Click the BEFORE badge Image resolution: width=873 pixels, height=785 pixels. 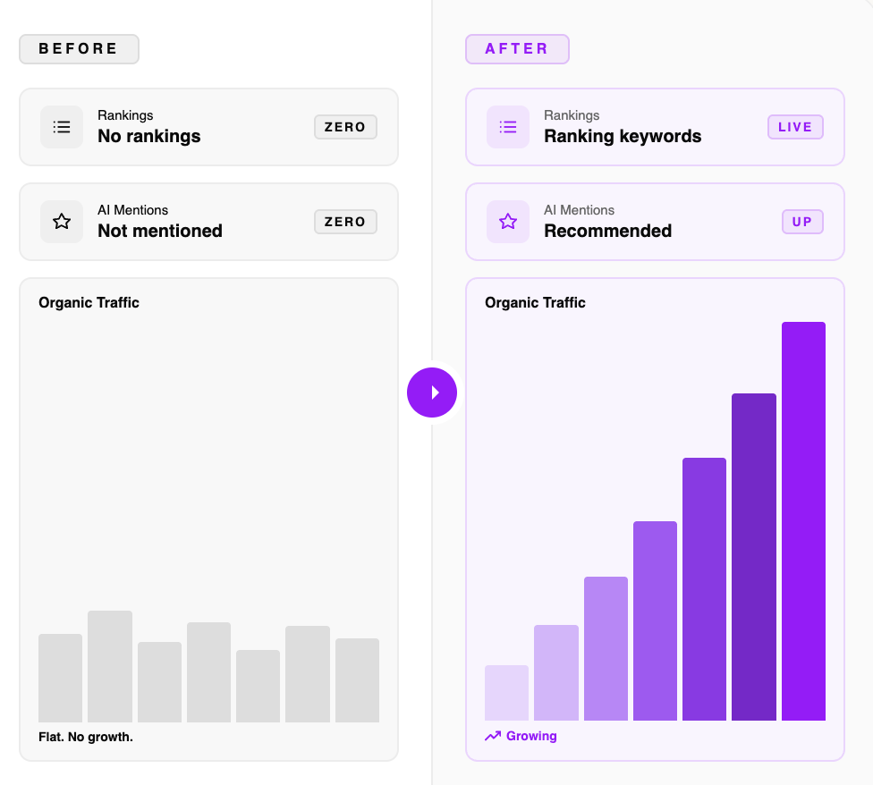[x=79, y=49]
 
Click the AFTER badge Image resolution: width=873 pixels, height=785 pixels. [x=517, y=49]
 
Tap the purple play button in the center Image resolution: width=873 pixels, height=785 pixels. [x=432, y=392]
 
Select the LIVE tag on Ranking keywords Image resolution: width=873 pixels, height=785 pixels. [x=795, y=127]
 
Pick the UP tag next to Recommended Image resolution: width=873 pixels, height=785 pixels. [x=802, y=222]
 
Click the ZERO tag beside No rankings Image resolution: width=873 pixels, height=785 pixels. [x=345, y=127]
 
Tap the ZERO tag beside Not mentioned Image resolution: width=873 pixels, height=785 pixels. [x=345, y=222]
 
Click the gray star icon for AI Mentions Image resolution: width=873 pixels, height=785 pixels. [x=62, y=222]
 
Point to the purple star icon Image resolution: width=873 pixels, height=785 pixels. [x=508, y=222]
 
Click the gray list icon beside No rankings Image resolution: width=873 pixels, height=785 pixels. [x=62, y=127]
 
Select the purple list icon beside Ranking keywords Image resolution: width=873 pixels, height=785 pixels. [x=508, y=127]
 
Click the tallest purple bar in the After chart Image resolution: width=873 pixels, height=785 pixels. [x=803, y=520]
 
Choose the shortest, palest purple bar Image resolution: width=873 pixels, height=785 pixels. [x=506, y=693]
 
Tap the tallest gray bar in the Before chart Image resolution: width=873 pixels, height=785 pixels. [x=110, y=666]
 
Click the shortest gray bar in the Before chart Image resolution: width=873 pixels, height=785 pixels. [x=258, y=686]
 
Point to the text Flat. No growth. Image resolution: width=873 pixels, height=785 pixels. [x=86, y=738]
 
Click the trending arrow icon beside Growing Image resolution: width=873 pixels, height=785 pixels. [x=493, y=737]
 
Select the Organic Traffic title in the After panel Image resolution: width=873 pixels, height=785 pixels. [x=535, y=303]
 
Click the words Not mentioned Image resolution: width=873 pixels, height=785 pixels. [x=160, y=231]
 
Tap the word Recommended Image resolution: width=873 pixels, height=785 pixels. [x=607, y=231]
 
